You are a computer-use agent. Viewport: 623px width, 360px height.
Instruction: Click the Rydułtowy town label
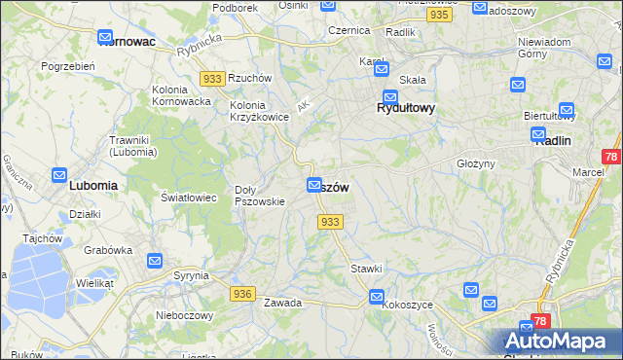pyautogui.click(x=406, y=109)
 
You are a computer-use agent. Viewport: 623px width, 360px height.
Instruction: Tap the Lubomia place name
pyautogui.click(x=93, y=184)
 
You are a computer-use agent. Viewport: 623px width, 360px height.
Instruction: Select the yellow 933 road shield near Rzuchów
pyautogui.click(x=212, y=77)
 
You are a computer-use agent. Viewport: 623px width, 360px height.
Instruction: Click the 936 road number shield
pyautogui.click(x=243, y=293)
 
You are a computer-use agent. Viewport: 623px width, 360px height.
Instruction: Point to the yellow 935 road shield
pyautogui.click(x=439, y=16)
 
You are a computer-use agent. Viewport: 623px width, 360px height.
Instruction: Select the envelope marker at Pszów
pyautogui.click(x=314, y=185)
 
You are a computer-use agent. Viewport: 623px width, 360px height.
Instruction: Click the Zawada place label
pyautogui.click(x=282, y=303)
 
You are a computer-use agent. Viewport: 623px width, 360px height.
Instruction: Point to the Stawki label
pyautogui.click(x=366, y=268)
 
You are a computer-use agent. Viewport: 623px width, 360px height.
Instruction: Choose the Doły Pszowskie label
pyautogui.click(x=260, y=196)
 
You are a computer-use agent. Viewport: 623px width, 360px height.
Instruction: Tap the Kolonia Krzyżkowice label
pyautogui.click(x=259, y=111)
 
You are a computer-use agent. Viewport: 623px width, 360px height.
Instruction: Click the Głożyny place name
pyautogui.click(x=477, y=163)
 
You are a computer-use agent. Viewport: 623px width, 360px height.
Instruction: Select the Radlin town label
pyautogui.click(x=553, y=140)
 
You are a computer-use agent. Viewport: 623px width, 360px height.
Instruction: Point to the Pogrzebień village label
pyautogui.click(x=67, y=66)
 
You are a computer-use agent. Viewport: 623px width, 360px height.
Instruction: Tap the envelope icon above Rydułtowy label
pyautogui.click(x=390, y=96)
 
